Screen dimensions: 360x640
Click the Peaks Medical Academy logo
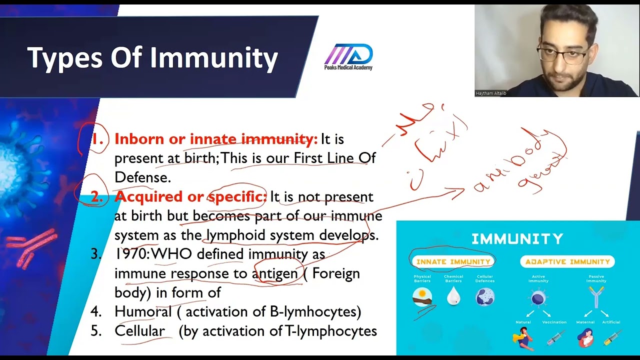pyautogui.click(x=348, y=56)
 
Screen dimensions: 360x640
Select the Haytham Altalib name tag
pyautogui.click(x=490, y=93)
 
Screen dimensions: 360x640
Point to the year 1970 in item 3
pyautogui.click(x=131, y=254)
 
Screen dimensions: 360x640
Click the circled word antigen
pyautogui.click(x=275, y=273)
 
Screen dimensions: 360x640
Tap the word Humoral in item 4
pyautogui.click(x=143, y=311)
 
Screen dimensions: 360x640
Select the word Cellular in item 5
pyautogui.click(x=139, y=331)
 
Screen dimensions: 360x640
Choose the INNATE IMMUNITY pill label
pyautogui.click(x=453, y=261)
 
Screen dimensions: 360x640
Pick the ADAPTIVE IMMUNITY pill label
pyautogui.click(x=567, y=261)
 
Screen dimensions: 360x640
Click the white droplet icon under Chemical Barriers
pyautogui.click(x=453, y=296)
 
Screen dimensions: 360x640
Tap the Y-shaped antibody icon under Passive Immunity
pyautogui.click(x=596, y=297)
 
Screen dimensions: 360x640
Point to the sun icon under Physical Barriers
pyautogui.click(x=422, y=296)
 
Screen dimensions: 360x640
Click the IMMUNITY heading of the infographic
pyautogui.click(x=517, y=239)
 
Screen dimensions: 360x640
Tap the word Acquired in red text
pyautogui.click(x=144, y=196)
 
